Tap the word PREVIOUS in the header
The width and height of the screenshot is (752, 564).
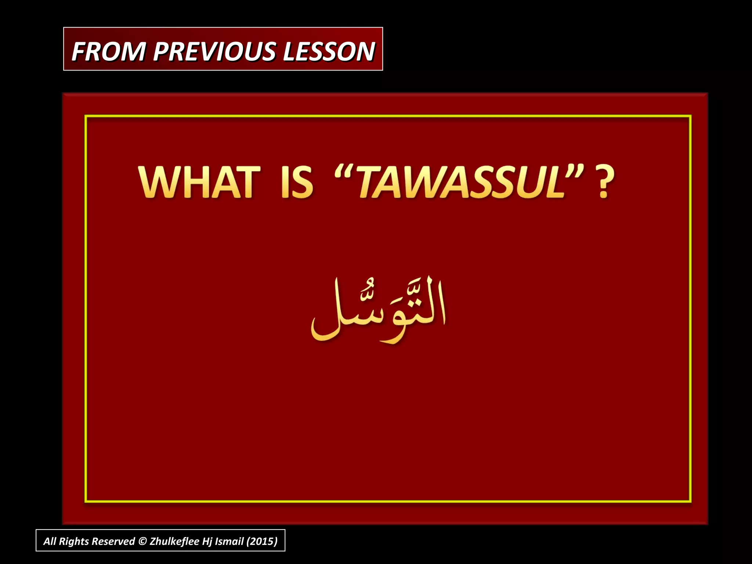[x=214, y=51]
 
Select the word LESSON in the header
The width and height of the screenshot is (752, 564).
[x=329, y=51]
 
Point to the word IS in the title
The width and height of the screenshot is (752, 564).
[x=297, y=182]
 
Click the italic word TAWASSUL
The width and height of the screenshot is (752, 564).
[x=461, y=182]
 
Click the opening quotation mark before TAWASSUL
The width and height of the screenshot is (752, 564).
[x=344, y=173]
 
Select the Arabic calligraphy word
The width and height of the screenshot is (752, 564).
[x=378, y=310]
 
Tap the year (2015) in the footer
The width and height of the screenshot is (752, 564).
[x=262, y=541]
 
